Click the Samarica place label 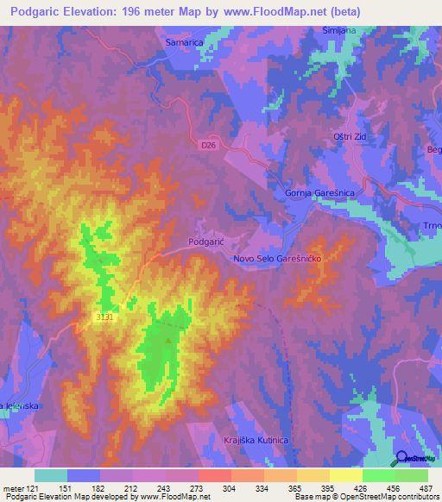183,41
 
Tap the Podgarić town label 206,243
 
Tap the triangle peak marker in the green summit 168,339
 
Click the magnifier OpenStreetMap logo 403,458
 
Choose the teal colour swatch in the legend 51,475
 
